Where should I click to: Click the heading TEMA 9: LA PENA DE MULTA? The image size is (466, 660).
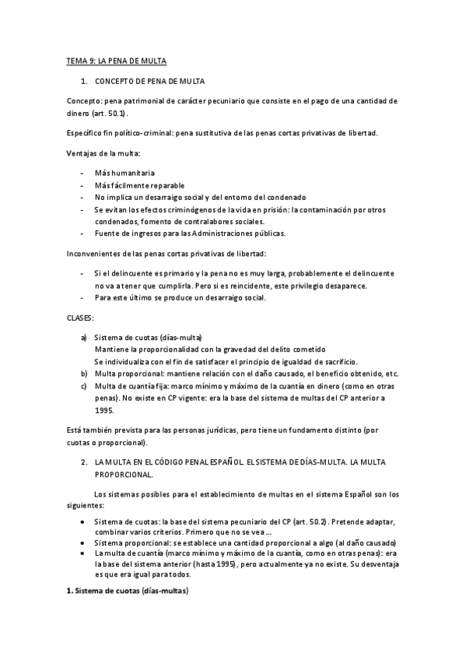point(115,61)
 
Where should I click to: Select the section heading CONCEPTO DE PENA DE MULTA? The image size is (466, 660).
point(149,81)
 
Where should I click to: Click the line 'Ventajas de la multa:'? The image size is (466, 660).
point(102,153)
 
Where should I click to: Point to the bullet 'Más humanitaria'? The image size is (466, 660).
point(124,173)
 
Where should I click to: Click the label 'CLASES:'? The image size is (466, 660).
point(79,318)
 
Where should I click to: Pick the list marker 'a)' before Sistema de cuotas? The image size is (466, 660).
point(84,338)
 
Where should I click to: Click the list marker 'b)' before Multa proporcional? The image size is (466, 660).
point(84,374)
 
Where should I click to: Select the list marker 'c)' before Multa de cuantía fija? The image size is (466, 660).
point(84,386)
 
